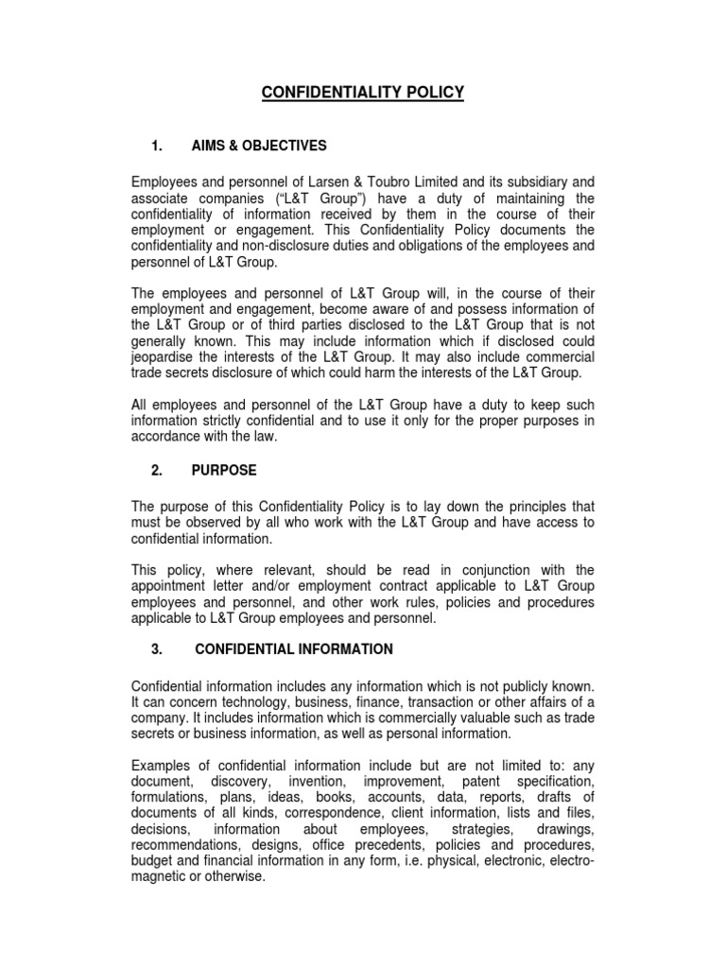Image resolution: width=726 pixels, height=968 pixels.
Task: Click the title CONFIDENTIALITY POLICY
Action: point(362,93)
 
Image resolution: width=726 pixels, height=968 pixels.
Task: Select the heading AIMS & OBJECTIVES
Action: point(259,146)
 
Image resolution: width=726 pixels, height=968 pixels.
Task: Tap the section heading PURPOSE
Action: point(223,470)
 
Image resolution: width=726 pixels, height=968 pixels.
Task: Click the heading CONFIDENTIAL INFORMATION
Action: point(293,649)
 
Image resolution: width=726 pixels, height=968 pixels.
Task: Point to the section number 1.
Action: point(158,146)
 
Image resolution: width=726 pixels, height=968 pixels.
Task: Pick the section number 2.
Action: point(158,470)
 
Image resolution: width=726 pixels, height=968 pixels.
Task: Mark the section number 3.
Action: point(158,649)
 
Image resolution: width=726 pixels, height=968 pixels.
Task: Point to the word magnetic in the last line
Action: point(163,875)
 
